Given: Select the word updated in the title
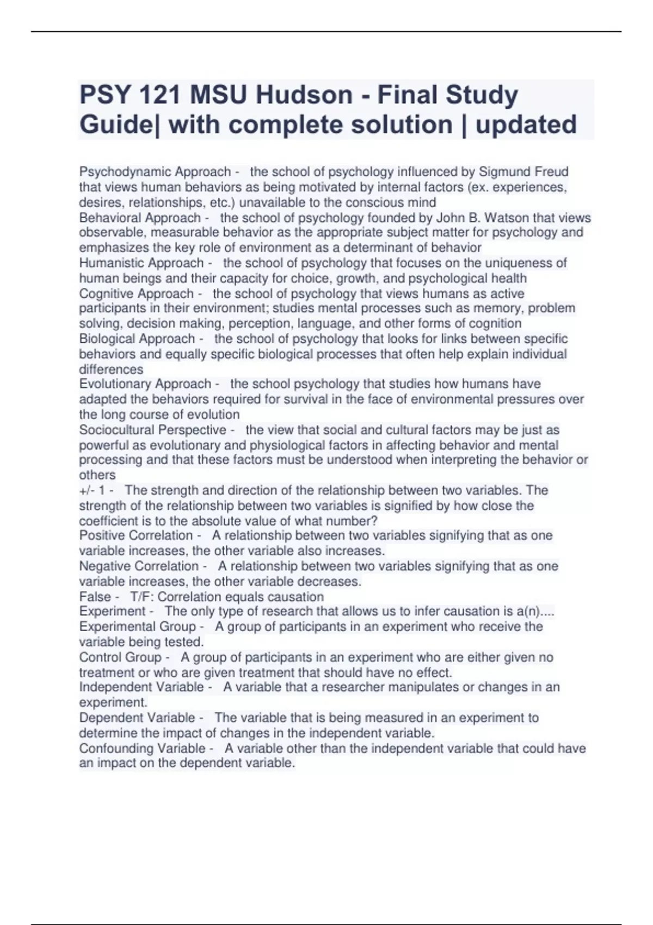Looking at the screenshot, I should (526, 125).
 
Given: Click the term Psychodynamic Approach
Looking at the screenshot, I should (155, 172).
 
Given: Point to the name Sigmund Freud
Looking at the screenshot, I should (523, 172).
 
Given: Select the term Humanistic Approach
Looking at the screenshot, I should (141, 263).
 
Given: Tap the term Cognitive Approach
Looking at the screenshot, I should (137, 294).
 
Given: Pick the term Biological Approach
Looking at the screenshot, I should (137, 339).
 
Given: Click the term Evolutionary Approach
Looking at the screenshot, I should (145, 384).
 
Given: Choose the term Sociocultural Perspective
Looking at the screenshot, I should (153, 430).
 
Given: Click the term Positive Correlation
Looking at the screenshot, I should (136, 535).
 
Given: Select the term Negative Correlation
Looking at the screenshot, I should (139, 566).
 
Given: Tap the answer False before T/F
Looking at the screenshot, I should (95, 596).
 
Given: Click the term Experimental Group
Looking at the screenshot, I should (138, 627).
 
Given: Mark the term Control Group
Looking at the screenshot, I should (120, 657).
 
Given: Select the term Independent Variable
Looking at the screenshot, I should (141, 687).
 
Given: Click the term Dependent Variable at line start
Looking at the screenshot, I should (137, 718).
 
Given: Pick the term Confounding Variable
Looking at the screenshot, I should (143, 748).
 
